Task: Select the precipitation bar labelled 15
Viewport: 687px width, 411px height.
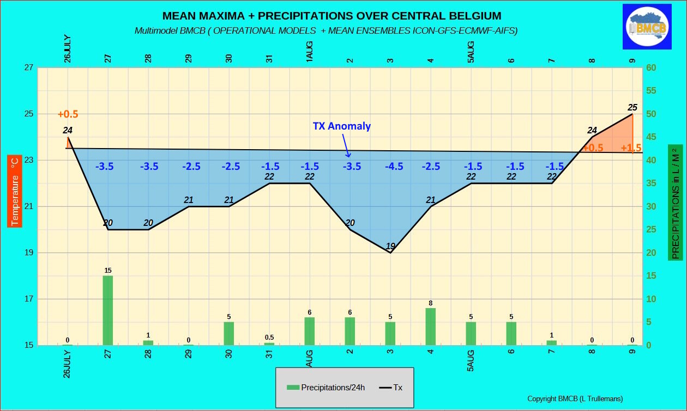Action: [108, 310]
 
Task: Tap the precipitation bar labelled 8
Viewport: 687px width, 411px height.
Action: [431, 326]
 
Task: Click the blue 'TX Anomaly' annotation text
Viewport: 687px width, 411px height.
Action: [342, 126]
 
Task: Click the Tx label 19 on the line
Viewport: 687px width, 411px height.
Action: [390, 246]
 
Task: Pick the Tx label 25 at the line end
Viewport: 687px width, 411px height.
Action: [632, 107]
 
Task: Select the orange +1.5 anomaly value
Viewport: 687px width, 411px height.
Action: [631, 148]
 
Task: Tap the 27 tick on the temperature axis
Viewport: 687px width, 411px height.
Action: [28, 68]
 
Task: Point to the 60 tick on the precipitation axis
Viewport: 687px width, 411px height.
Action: [651, 68]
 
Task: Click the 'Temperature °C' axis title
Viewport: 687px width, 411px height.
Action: [15, 190]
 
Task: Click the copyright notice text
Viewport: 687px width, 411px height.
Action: [575, 398]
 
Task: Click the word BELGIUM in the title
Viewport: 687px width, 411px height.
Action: [471, 16]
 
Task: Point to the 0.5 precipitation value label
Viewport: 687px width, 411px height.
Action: [269, 338]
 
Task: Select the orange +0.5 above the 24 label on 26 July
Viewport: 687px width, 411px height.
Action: [68, 114]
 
